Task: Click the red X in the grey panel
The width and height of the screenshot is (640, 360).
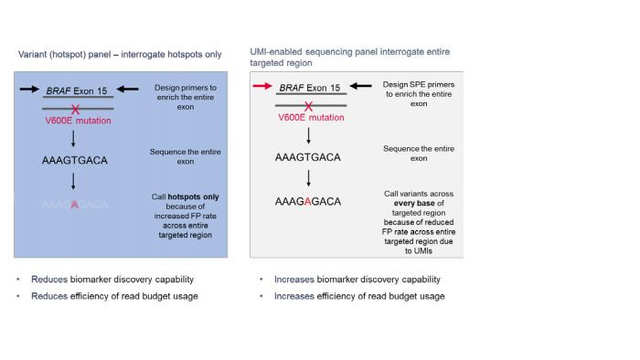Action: point(309,107)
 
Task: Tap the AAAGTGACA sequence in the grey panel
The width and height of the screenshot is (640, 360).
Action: point(307,157)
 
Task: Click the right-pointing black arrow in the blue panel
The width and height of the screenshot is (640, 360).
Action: point(27,90)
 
